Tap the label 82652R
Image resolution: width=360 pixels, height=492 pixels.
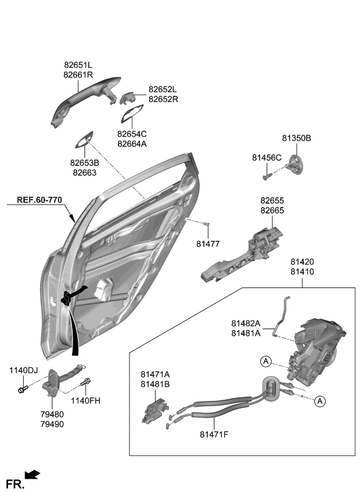pos(163,99)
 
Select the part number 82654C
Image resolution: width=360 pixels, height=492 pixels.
pos(132,134)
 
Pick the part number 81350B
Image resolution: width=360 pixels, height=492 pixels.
pos(297,138)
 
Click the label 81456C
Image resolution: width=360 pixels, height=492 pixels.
pos(267,157)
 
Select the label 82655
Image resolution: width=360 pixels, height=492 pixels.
pos(272,201)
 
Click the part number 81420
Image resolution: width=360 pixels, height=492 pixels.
pos(303,262)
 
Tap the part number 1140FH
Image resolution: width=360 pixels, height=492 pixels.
pos(85,400)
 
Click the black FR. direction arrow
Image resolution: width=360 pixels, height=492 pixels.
pos(33,475)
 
